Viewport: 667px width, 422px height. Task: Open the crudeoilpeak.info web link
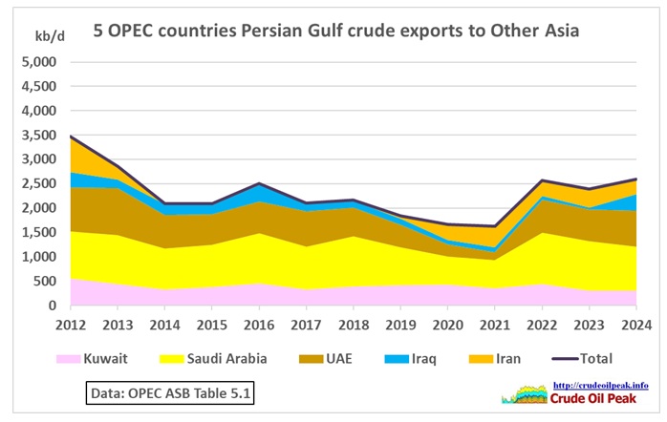click(601, 386)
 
